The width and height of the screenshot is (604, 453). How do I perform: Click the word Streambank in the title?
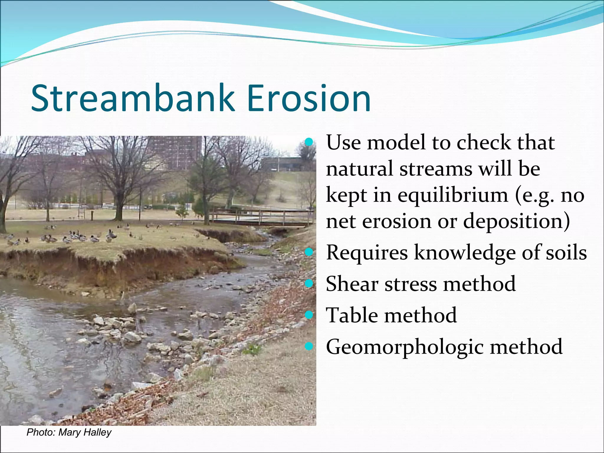coord(133,99)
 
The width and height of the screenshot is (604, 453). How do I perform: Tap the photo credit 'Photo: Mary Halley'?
coord(69,432)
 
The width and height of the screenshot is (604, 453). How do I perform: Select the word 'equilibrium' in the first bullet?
coord(453,196)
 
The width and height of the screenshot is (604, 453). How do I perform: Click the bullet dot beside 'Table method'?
coord(308,315)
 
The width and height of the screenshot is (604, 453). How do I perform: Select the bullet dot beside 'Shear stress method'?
coord(308,283)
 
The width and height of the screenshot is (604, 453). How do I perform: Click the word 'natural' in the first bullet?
coord(360,169)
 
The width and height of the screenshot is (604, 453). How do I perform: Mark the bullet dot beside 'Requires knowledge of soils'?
coord(308,252)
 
